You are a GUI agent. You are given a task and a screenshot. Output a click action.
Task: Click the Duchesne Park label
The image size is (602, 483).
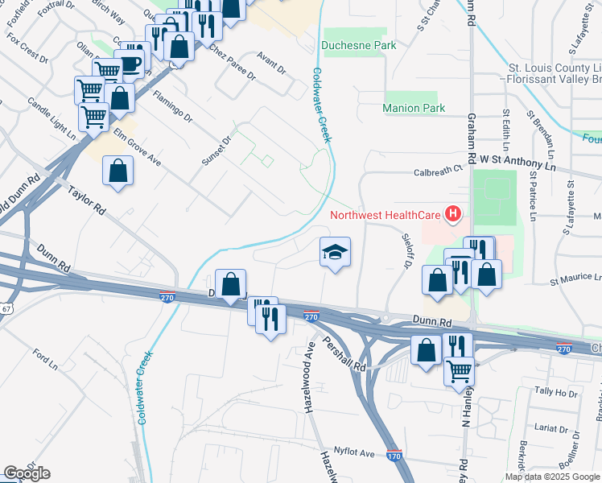click(x=359, y=46)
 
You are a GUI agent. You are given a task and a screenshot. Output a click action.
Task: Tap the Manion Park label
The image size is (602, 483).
click(x=414, y=108)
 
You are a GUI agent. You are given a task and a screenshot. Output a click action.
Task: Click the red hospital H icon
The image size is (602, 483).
click(x=454, y=214)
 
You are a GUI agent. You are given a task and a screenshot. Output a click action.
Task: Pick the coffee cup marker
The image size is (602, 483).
click(x=130, y=64)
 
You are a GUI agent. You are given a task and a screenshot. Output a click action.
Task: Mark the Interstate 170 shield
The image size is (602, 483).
click(x=394, y=455)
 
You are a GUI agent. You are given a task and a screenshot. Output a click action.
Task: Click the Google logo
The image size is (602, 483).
click(x=27, y=473)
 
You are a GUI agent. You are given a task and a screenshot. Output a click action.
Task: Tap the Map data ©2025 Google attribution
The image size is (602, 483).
click(x=551, y=477)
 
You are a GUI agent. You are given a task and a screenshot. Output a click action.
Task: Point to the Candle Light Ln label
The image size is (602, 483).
click(x=52, y=118)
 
